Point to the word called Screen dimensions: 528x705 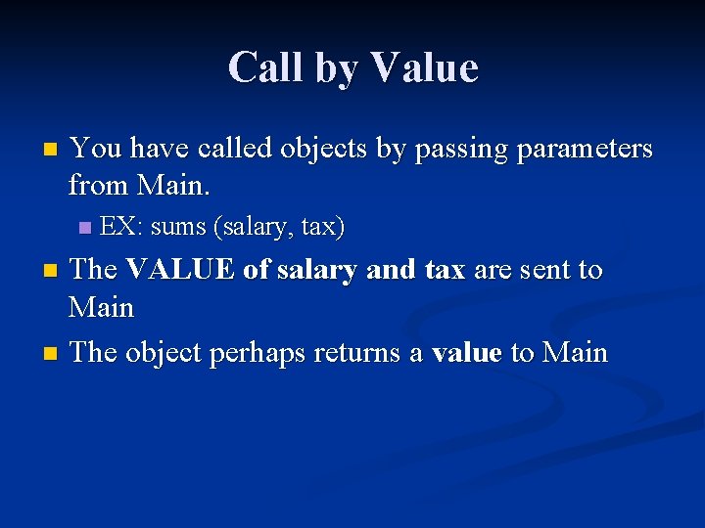coord(236,149)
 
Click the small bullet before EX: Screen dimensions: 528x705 coord(84,228)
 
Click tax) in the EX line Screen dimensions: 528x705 coord(322,227)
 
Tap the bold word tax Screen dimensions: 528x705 coord(445,270)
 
